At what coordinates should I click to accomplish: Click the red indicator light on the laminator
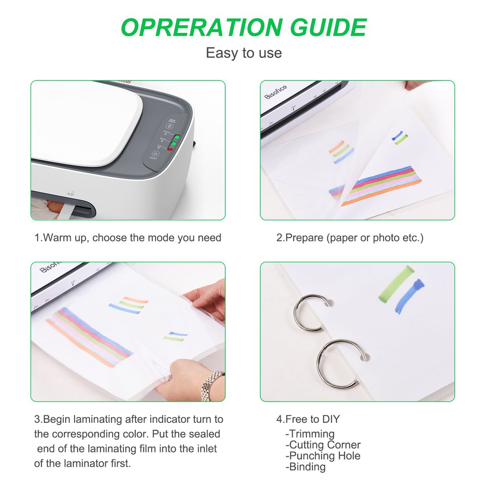click(x=170, y=149)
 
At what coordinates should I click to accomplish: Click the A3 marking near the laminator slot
click(x=70, y=194)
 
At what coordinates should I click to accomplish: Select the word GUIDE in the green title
click(x=328, y=27)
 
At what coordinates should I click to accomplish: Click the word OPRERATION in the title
click(x=202, y=27)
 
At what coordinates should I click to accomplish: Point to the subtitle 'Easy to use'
click(x=244, y=53)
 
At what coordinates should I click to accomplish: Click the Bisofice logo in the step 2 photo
click(x=276, y=92)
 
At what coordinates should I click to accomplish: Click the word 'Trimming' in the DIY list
click(x=312, y=434)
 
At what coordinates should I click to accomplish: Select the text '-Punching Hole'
click(x=323, y=456)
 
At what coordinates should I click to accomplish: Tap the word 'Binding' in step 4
click(x=307, y=467)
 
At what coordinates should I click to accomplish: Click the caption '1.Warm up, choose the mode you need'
click(x=128, y=238)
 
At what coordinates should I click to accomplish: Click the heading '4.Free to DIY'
click(x=308, y=419)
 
